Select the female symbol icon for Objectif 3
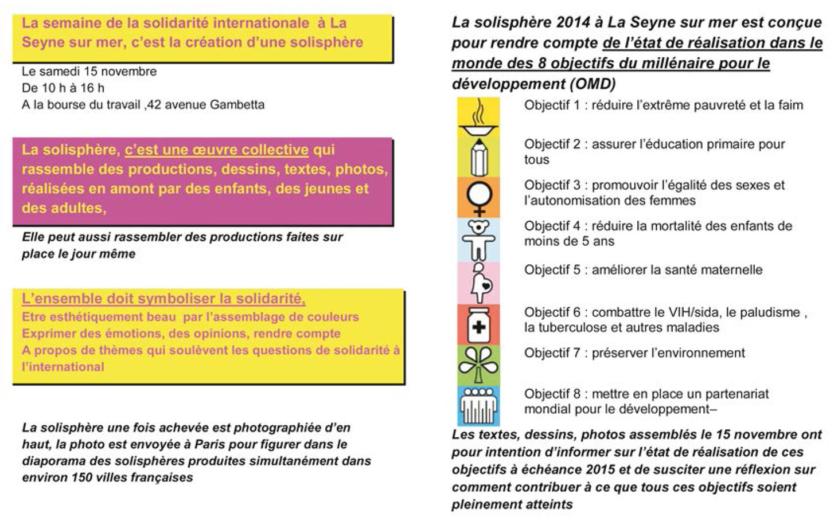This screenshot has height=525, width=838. coord(478,197)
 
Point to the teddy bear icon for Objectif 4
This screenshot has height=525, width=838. coord(478,239)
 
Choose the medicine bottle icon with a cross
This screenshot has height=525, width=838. coord(478,324)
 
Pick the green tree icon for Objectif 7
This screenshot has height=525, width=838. coord(478,365)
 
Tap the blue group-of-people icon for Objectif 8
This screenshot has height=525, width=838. coord(478,405)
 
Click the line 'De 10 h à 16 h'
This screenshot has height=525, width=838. coord(63,88)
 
